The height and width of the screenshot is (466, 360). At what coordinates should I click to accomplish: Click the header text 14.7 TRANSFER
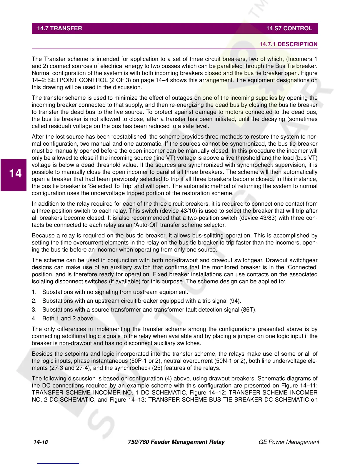tap(59, 29)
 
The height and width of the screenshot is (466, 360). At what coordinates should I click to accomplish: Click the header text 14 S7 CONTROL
tap(289, 29)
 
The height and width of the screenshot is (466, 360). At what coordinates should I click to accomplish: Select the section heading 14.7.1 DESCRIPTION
tap(288, 44)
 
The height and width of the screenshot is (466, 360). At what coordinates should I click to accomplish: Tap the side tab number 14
tap(15, 174)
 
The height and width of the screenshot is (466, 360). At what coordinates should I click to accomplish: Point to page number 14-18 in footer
tap(41, 442)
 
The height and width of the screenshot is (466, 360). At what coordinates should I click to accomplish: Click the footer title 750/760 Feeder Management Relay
tap(176, 442)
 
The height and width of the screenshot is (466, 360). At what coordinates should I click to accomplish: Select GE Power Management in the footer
tap(289, 442)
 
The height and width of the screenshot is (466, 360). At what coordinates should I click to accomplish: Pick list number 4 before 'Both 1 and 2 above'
tap(34, 319)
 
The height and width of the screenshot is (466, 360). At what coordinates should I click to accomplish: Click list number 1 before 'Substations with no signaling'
tap(34, 292)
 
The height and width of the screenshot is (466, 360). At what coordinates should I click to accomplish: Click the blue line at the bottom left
tap(58, 464)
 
